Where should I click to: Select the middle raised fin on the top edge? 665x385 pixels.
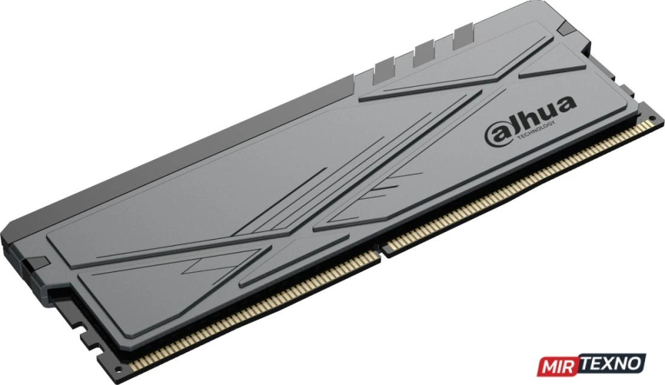coord(424,52)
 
